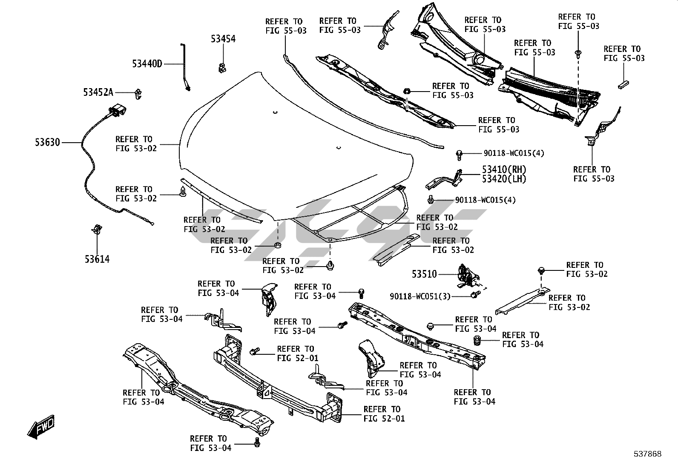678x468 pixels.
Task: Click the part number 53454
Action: click(x=223, y=39)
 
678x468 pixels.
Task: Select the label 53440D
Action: click(x=147, y=64)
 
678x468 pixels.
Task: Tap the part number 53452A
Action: click(x=98, y=92)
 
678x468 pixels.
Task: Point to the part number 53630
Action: click(x=48, y=142)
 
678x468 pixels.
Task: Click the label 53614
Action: click(x=97, y=259)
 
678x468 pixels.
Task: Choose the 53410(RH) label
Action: click(x=504, y=169)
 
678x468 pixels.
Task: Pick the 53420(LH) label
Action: click(x=504, y=179)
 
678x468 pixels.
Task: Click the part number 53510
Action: click(x=424, y=274)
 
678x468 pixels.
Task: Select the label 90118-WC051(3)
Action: click(x=420, y=296)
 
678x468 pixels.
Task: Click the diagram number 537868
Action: click(x=647, y=454)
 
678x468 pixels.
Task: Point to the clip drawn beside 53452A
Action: click(x=138, y=93)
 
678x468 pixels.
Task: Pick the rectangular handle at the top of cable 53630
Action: click(x=117, y=111)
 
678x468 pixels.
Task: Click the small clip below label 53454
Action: click(x=222, y=67)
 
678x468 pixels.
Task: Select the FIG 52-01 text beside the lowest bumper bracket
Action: click(x=384, y=418)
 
